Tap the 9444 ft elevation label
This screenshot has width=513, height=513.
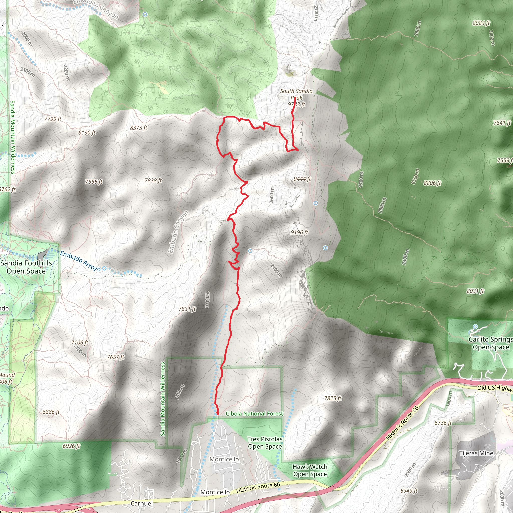302,179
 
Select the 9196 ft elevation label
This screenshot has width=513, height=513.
299,233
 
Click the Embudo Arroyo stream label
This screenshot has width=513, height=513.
80,261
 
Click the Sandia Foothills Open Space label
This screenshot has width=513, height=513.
26,267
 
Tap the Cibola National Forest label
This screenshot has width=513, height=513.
254,413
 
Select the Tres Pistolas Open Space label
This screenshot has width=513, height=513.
265,443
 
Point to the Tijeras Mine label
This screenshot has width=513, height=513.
476,453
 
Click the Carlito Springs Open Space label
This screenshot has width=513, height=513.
491,343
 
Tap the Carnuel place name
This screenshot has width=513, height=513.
142,503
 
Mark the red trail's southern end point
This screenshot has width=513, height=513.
218,413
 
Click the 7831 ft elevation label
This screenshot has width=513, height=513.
187,309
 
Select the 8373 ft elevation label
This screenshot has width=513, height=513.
138,128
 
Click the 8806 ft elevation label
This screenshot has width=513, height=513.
432,183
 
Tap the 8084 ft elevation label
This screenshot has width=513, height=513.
481,23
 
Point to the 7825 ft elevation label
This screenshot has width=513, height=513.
333,398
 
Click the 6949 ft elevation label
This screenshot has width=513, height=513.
409,491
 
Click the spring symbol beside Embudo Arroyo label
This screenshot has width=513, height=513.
105,268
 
